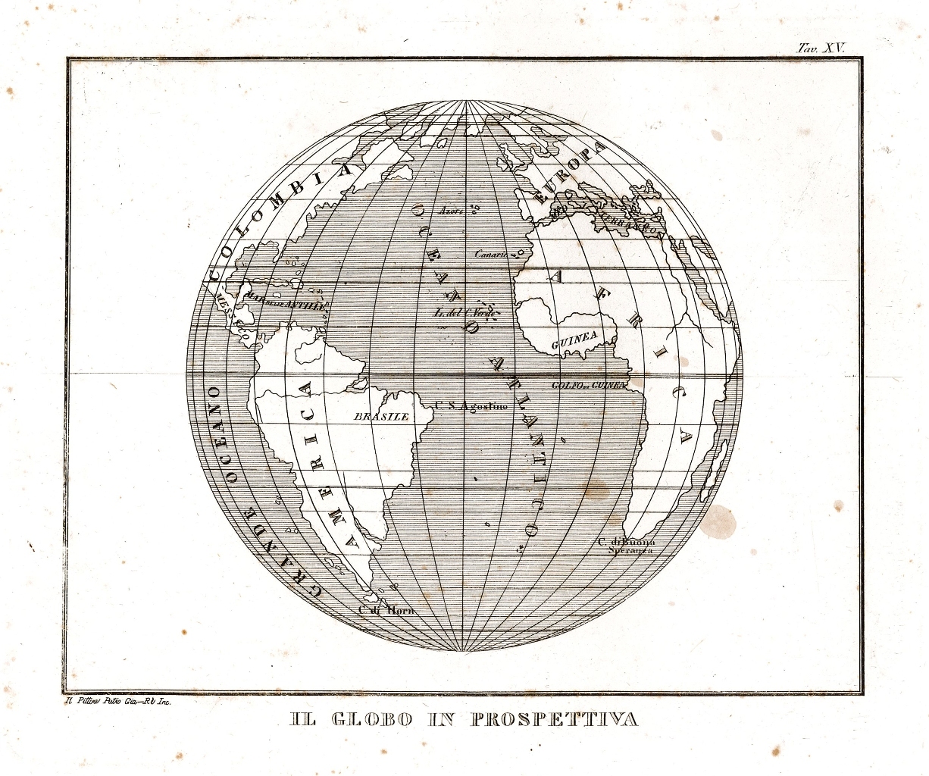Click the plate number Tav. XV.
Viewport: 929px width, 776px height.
tap(821, 47)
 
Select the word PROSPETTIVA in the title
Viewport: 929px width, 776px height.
tap(555, 719)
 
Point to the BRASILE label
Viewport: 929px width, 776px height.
tap(382, 416)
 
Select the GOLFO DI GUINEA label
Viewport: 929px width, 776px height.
tap(589, 385)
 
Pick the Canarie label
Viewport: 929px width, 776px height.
tap(491, 254)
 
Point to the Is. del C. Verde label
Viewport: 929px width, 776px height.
tap(463, 313)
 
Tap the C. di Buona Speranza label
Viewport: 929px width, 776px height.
tap(626, 546)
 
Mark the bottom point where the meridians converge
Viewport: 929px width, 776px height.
tap(463, 652)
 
